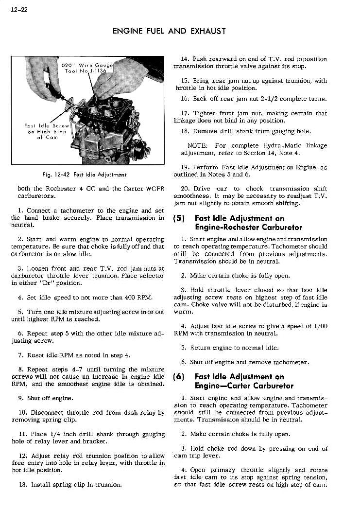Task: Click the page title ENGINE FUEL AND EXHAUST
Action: [169, 31]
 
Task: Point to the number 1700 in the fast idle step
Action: [318, 326]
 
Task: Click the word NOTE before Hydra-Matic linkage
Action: [197, 145]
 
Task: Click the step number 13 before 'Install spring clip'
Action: [23, 484]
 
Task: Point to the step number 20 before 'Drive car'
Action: [184, 189]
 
